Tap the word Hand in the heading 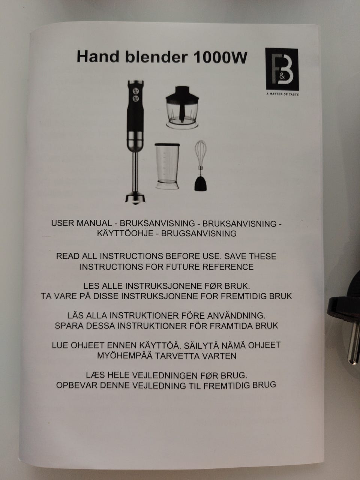(x=98, y=57)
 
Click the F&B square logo (x=282, y=69)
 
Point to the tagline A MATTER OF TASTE (x=282, y=94)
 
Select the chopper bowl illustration (x=182, y=107)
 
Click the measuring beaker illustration (x=167, y=166)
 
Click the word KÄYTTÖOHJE (x=125, y=234)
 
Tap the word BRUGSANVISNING (x=199, y=234)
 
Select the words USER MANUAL (x=81, y=223)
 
